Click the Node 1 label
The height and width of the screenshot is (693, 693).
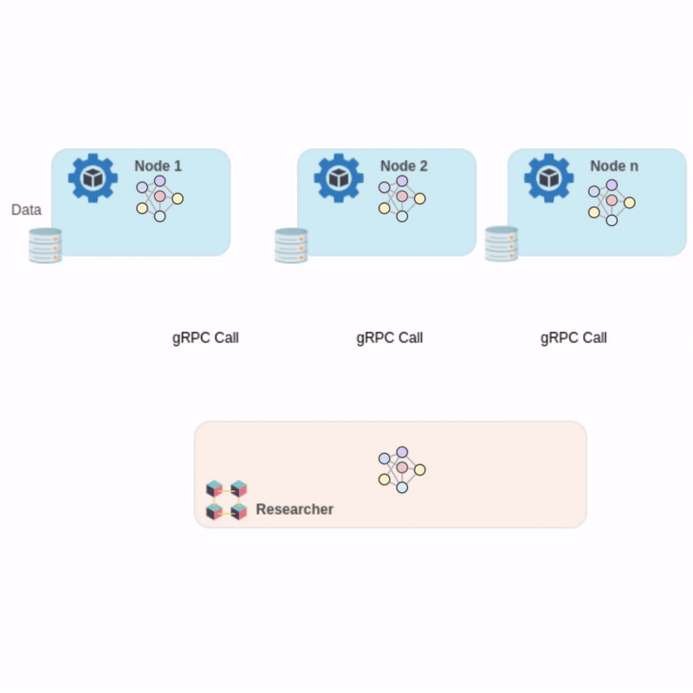click(x=158, y=165)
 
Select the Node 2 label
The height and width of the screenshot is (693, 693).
click(x=404, y=165)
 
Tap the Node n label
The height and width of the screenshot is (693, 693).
click(x=614, y=165)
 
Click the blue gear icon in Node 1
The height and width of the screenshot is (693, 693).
click(x=93, y=178)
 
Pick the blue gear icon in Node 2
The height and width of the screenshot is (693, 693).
click(x=339, y=178)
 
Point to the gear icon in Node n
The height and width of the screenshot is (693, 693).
click(x=549, y=178)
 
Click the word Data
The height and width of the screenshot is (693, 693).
click(x=26, y=210)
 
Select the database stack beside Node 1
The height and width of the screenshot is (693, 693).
click(x=45, y=245)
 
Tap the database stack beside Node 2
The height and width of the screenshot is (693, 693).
click(x=291, y=245)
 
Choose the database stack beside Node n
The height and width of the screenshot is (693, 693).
click(x=502, y=244)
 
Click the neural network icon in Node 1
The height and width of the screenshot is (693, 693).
click(x=159, y=198)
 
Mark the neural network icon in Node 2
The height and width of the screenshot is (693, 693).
click(x=402, y=198)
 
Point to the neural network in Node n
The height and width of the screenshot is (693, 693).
click(x=612, y=203)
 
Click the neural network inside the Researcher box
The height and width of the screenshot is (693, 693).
click(x=402, y=470)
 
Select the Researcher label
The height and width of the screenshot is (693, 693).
click(x=295, y=509)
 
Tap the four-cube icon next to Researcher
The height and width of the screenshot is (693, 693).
click(x=226, y=501)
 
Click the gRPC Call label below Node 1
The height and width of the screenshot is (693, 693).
click(x=205, y=338)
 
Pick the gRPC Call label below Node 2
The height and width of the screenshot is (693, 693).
click(x=389, y=338)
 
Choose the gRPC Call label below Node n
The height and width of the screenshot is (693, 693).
click(x=573, y=338)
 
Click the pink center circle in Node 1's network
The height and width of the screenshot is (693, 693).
click(x=159, y=196)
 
